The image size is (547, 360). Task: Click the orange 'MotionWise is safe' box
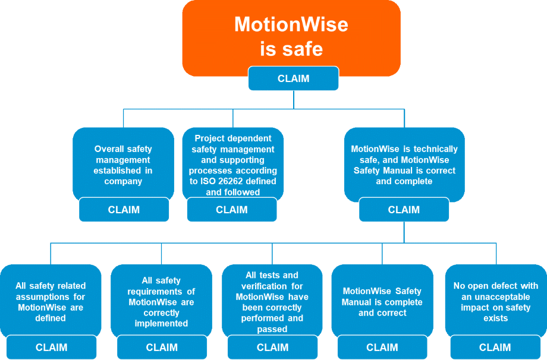coord(291,36)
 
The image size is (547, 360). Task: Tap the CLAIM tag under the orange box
coord(293,78)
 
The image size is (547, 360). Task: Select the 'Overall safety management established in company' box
coord(123,165)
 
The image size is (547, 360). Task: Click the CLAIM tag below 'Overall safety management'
coord(124,210)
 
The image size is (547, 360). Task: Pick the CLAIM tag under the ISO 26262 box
coord(231,210)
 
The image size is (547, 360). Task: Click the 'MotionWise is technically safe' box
coord(404,165)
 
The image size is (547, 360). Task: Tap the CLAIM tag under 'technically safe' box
coord(404,210)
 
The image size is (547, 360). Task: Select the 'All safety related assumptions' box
coord(51,302)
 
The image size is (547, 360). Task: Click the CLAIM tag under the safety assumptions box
coord(51,348)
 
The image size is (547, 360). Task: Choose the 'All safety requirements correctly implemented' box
coord(161,302)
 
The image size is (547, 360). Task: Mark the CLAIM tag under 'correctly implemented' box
coord(162,348)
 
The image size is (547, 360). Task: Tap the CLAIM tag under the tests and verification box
coord(272,348)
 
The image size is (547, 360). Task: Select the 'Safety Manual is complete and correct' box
coord(382,302)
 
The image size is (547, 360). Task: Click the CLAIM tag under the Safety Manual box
coord(382,348)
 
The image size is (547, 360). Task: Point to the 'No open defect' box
coord(495,302)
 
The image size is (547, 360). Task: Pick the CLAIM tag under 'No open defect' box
coord(495,348)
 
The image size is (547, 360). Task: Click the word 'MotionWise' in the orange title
coord(291,24)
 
